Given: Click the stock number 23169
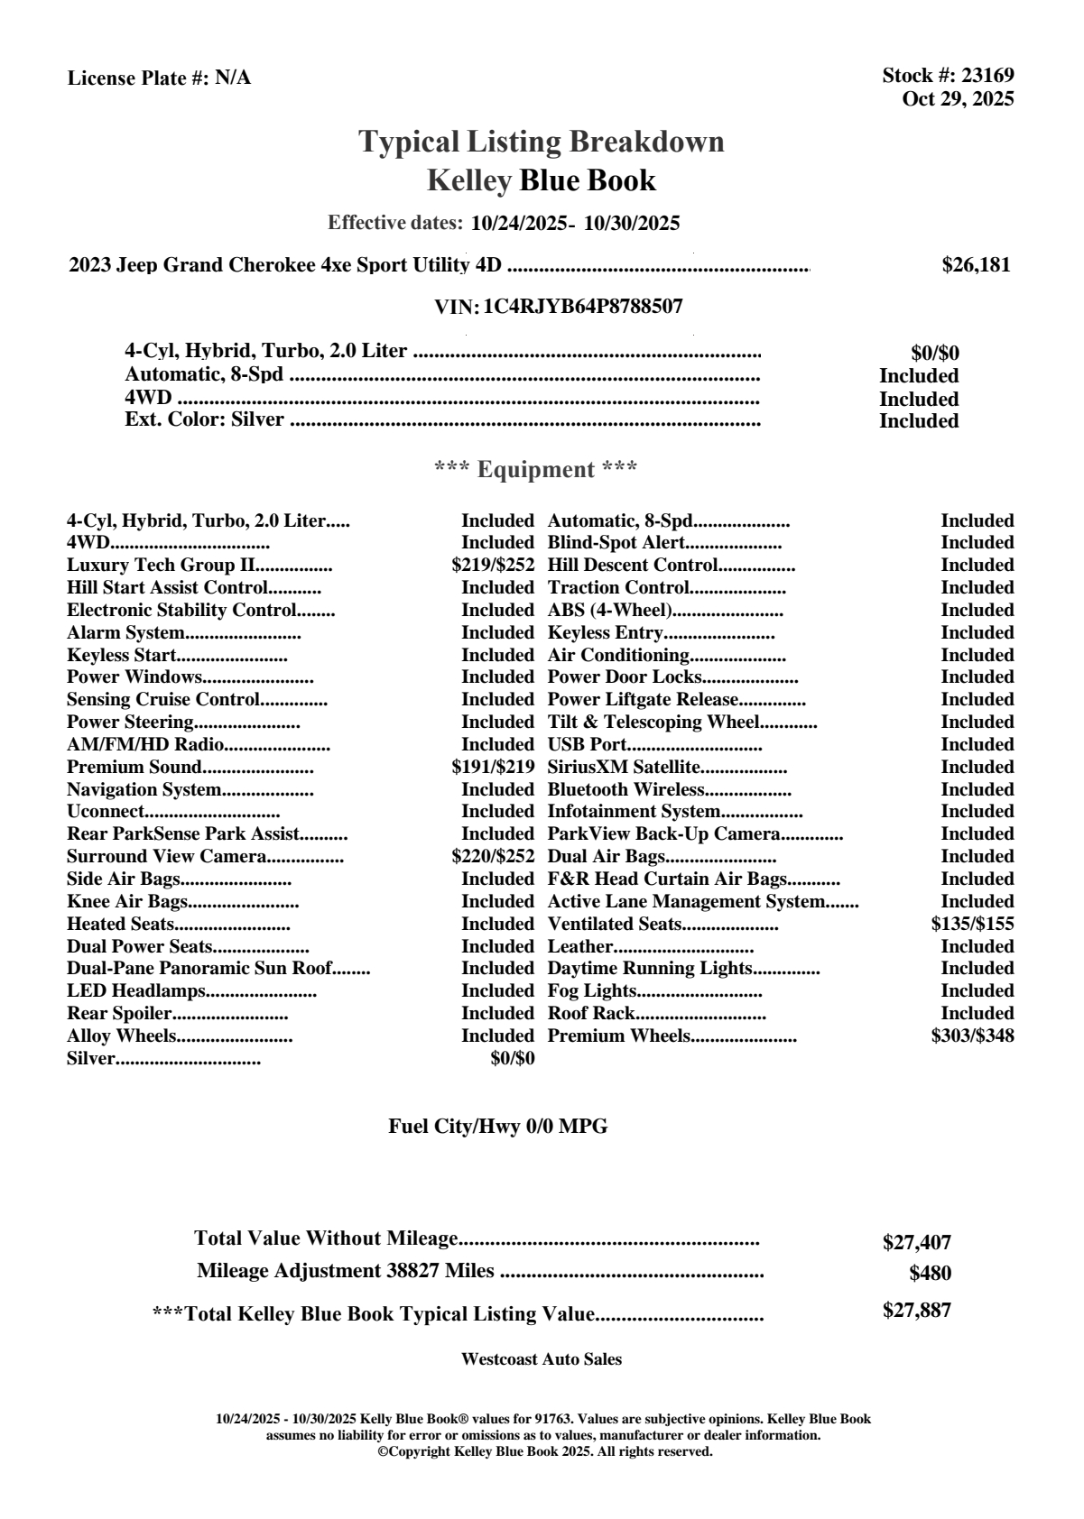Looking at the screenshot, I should click(x=987, y=76).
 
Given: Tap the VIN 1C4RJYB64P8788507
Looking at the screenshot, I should click(x=583, y=307).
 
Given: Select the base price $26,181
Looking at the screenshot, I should click(x=976, y=265).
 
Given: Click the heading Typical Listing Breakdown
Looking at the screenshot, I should click(x=542, y=142).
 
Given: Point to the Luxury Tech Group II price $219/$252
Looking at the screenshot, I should click(x=493, y=566).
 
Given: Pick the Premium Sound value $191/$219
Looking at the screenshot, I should click(x=493, y=768).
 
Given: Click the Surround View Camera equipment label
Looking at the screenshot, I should click(x=166, y=857).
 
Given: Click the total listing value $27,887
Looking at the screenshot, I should click(x=916, y=1311).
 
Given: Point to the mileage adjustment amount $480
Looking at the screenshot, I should click(x=930, y=1274).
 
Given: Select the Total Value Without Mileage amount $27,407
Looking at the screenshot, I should click(x=916, y=1243).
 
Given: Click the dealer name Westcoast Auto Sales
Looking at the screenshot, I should click(x=542, y=1359).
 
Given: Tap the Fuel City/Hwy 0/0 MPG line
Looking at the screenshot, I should click(x=497, y=1127).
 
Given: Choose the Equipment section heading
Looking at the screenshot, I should click(x=536, y=470).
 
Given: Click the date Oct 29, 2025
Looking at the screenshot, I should click(x=958, y=98).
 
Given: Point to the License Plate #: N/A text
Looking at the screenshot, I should click(x=159, y=78).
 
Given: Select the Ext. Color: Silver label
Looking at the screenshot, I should click(x=204, y=419).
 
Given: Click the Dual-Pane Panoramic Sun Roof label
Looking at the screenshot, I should click(x=199, y=969).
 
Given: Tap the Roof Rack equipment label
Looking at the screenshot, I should click(x=591, y=1013).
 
